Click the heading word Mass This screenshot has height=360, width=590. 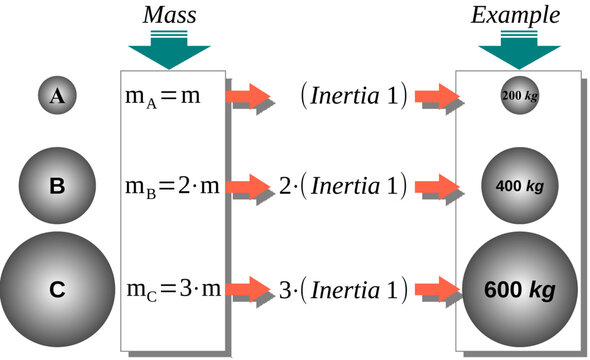[169, 16]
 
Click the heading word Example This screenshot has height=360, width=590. [517, 16]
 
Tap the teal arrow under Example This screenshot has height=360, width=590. [517, 50]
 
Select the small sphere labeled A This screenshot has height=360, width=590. [58, 96]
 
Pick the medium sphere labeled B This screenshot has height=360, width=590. [57, 185]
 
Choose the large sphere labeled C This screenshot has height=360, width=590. [56, 289]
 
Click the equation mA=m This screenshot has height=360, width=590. [164, 97]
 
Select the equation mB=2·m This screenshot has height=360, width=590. [171, 186]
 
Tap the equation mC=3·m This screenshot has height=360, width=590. [171, 290]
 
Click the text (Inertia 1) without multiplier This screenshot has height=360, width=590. [353, 97]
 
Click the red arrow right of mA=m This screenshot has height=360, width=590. [249, 97]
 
